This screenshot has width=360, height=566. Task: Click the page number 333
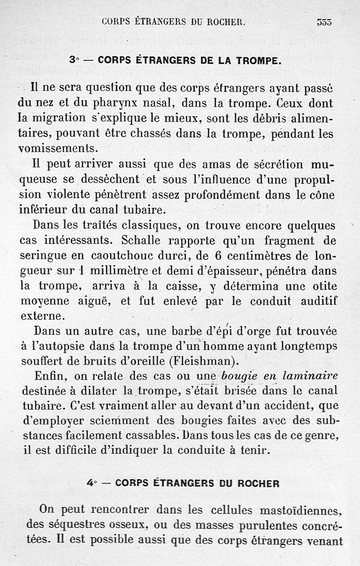pos(324,21)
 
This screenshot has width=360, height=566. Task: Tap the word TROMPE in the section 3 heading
pos(258,60)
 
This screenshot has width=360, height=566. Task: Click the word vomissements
pos(57,148)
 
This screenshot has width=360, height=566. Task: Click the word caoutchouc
pos(118,256)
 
